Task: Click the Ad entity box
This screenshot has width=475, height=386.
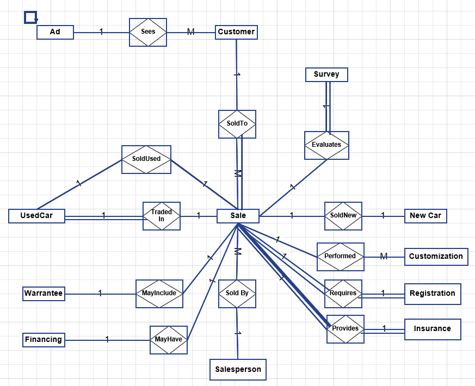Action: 55,32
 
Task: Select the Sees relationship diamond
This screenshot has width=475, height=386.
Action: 148,32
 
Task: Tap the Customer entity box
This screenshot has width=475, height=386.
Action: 236,32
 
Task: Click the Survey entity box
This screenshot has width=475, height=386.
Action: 326,74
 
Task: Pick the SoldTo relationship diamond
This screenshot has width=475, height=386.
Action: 237,124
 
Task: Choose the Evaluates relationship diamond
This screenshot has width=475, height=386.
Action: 326,145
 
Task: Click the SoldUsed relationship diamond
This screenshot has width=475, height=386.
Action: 146,159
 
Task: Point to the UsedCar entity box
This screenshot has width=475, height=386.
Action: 36,216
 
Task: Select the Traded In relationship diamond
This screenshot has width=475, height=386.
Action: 162,216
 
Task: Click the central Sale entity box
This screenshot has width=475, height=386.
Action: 238,216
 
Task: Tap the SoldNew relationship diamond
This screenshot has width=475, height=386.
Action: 343,216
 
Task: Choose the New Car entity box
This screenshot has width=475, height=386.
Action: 425,216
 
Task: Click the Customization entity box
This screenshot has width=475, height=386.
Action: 436,257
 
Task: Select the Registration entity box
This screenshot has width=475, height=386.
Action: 433,294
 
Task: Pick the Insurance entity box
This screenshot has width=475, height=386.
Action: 433,329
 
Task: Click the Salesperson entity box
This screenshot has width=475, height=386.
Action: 238,370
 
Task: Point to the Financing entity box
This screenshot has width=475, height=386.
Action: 44,340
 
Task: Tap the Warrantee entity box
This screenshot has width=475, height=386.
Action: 44,294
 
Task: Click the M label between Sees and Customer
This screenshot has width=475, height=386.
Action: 190,32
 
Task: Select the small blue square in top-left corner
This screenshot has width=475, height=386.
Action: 30,17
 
